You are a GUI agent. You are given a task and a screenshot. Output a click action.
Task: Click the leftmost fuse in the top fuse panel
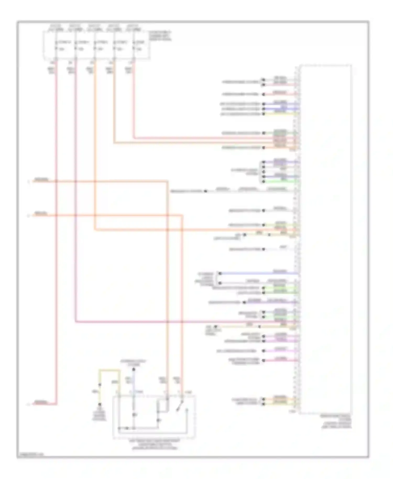[56, 45]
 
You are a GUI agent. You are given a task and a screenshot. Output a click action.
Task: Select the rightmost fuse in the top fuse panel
[134, 45]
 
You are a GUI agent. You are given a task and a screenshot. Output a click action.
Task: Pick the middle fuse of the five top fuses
[95, 45]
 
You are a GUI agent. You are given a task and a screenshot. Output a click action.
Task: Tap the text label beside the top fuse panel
[160, 36]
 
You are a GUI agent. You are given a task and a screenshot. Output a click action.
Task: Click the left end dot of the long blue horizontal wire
[220, 273]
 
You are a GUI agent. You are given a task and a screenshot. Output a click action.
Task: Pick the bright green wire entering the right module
[280, 181]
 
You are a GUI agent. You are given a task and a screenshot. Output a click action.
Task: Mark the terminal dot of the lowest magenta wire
[264, 361]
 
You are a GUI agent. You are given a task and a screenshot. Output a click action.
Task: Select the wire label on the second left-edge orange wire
[41, 214]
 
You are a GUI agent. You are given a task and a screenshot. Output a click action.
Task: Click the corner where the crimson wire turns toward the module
[76, 321]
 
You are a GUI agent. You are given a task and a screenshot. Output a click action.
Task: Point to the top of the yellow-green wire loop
[110, 370]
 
